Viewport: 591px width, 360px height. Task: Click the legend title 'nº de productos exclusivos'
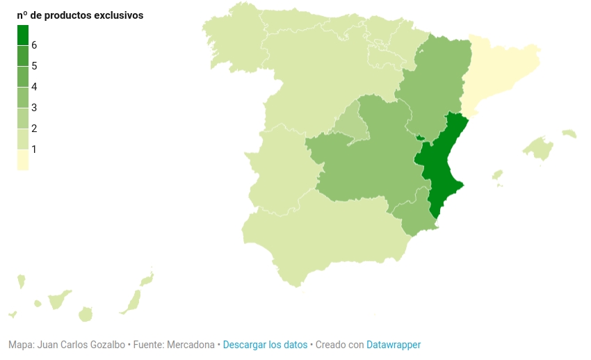tap(80, 15)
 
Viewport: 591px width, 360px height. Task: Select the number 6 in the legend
tap(34, 45)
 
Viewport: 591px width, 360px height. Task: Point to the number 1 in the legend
tap(34, 149)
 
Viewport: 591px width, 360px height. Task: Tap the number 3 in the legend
tap(34, 108)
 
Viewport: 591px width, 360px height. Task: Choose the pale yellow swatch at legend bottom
tap(23, 160)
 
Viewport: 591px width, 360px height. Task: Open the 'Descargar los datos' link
tap(265, 345)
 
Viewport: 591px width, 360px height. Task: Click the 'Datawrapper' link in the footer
tap(394, 345)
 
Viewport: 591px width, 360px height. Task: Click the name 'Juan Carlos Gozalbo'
tap(81, 345)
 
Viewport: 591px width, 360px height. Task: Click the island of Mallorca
tap(540, 147)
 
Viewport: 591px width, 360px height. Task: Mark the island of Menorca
tap(569, 133)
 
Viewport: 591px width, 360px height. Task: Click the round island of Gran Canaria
tap(86, 314)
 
